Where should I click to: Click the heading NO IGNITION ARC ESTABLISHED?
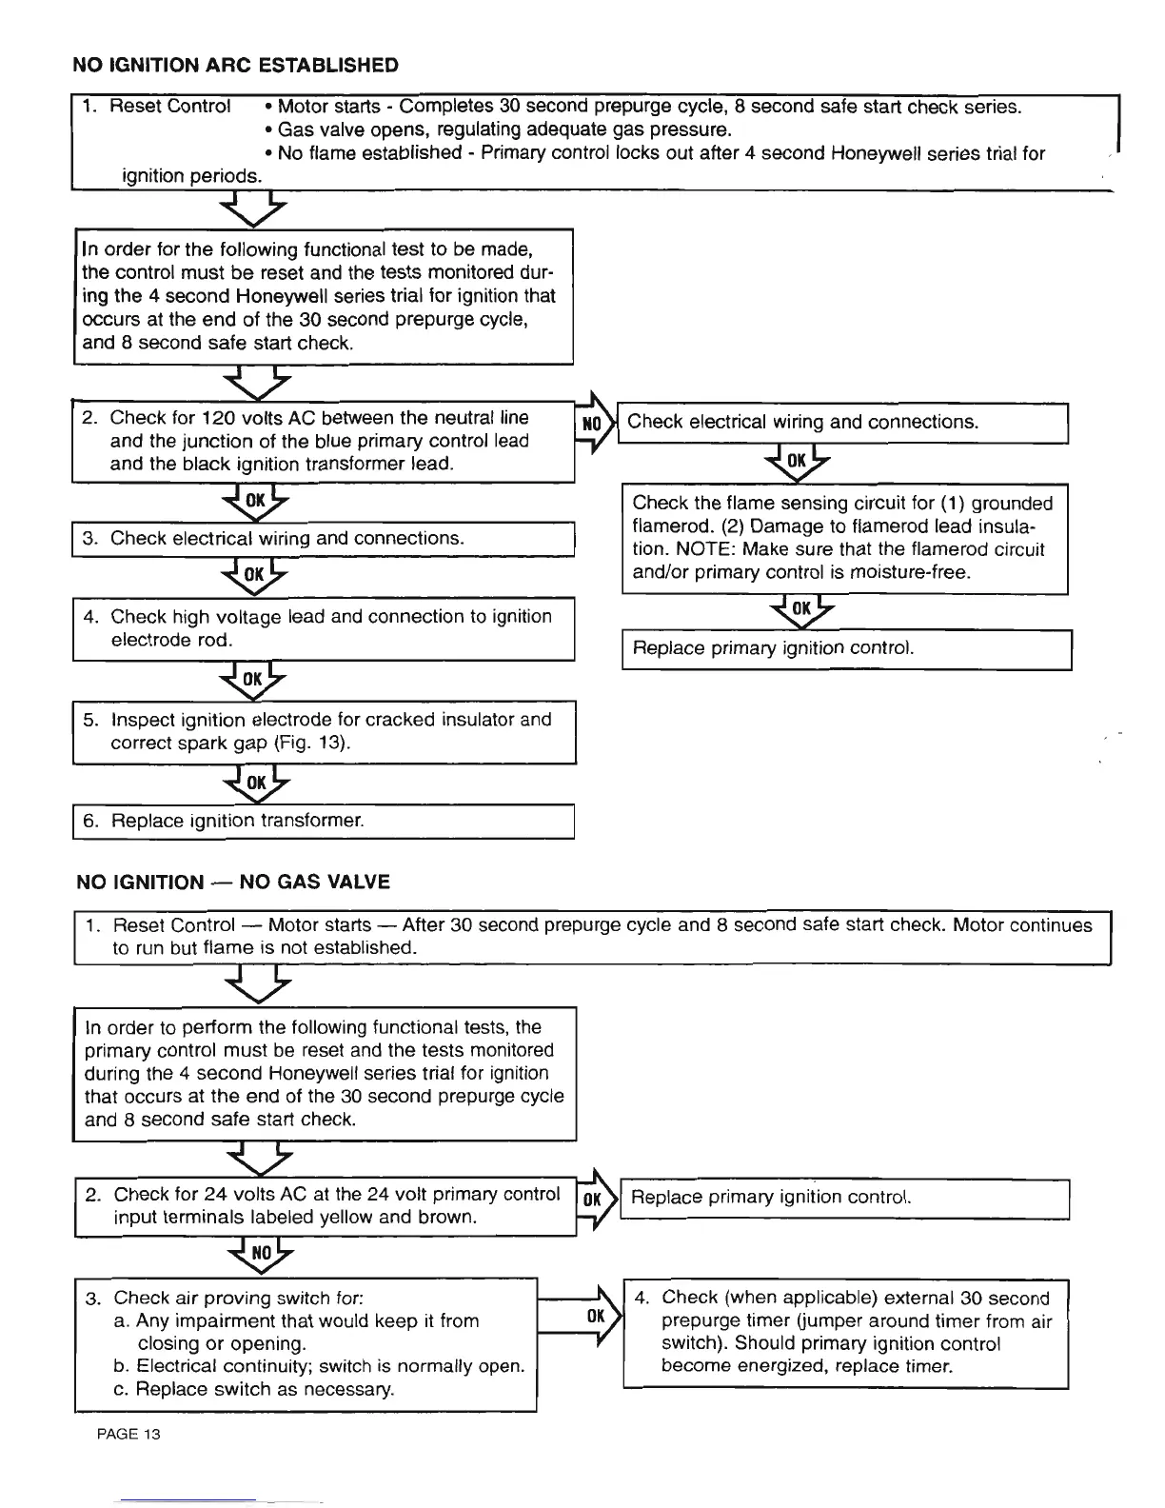click(x=236, y=66)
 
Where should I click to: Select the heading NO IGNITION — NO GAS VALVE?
click(x=233, y=882)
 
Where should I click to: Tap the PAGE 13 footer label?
click(x=128, y=1434)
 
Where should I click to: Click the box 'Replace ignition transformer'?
click(x=324, y=821)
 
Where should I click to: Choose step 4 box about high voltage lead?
click(x=324, y=628)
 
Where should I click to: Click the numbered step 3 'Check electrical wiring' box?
click(x=324, y=539)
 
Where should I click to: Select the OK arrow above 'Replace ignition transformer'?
click(x=255, y=783)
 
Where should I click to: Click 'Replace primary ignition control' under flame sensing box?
click(x=846, y=649)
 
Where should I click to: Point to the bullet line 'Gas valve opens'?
click(x=504, y=129)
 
